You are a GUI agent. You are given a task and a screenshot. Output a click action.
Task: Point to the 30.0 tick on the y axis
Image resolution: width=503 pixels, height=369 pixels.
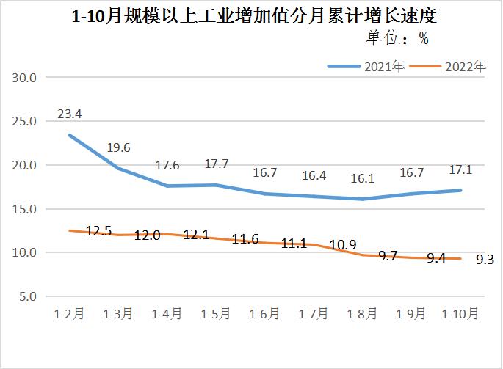(x=26, y=77)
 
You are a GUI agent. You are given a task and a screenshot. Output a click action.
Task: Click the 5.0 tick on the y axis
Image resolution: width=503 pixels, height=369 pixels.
(x=29, y=297)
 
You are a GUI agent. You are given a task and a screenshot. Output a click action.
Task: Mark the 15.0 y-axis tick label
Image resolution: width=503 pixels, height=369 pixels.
(x=26, y=209)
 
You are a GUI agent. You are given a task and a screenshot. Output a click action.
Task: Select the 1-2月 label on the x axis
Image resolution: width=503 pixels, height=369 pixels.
(x=69, y=314)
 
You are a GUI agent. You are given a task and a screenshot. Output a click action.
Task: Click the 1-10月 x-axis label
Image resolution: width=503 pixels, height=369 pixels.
(x=460, y=314)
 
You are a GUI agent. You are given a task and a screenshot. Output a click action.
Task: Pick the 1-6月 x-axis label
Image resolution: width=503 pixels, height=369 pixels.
(x=265, y=314)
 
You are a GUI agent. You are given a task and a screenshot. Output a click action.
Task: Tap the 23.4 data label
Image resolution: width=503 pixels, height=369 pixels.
(x=68, y=114)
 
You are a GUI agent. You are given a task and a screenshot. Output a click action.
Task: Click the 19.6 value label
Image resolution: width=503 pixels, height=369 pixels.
(x=117, y=147)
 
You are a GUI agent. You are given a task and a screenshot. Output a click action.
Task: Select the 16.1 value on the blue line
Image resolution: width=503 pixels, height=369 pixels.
(x=363, y=178)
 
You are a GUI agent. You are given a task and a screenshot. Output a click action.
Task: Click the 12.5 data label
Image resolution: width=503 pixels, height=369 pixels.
(x=98, y=231)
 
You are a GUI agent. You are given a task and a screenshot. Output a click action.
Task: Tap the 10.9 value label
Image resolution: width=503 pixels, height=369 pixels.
(x=342, y=244)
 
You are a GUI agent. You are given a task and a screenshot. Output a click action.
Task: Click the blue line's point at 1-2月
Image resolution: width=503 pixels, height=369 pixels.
(x=70, y=135)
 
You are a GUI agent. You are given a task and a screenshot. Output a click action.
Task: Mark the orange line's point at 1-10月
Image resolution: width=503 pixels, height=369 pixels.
(x=461, y=258)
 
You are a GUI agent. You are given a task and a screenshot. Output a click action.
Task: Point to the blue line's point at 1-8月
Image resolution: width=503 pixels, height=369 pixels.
(x=363, y=199)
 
